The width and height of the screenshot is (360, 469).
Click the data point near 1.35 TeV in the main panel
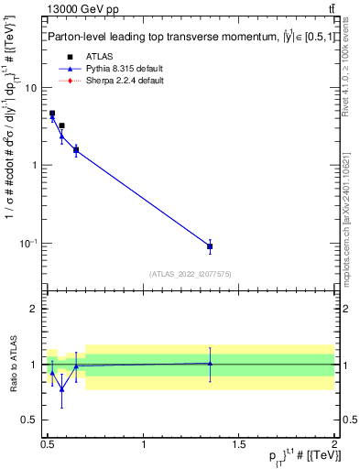point(210,246)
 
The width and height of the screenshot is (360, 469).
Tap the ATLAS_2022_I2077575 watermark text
point(191,274)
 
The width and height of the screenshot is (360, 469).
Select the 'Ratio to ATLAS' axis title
point(12,365)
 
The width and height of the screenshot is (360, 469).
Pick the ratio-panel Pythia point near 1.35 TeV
point(210,364)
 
